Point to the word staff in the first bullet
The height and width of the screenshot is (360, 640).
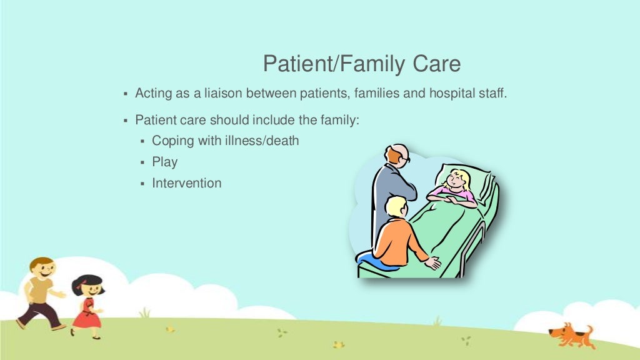491,94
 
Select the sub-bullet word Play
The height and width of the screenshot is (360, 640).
165,162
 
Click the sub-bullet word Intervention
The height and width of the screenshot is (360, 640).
187,183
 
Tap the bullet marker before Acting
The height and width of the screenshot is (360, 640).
125,94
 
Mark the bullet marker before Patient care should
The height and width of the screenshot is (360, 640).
125,119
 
